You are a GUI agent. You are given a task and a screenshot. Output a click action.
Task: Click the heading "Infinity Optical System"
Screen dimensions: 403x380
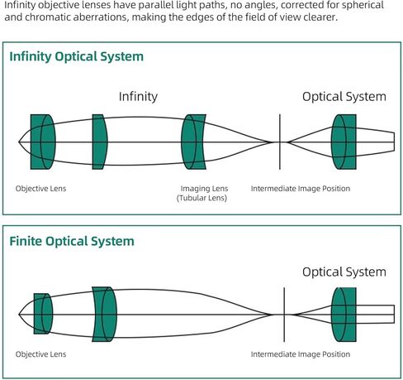tap(77, 57)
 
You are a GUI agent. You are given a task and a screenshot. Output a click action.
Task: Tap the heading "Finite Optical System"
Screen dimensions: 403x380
tap(72, 242)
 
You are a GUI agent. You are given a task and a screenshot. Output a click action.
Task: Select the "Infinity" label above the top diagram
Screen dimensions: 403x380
tap(138, 97)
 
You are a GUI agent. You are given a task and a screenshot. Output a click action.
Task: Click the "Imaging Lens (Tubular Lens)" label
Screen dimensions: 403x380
tap(202, 193)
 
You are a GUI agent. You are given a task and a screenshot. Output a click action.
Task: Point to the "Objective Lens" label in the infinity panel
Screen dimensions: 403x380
tap(40, 189)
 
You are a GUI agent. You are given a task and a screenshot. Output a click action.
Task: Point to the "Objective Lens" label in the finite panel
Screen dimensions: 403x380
tap(40, 354)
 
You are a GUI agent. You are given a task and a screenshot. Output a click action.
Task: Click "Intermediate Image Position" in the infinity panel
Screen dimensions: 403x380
tap(301, 189)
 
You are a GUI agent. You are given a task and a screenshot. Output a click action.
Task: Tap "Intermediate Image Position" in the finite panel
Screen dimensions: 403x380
tap(301, 354)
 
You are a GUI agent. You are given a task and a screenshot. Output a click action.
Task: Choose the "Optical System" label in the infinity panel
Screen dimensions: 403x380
tap(344, 97)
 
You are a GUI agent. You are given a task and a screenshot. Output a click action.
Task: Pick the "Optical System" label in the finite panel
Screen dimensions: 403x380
tap(344, 272)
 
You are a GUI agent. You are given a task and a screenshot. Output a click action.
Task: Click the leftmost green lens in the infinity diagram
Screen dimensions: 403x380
tap(43, 142)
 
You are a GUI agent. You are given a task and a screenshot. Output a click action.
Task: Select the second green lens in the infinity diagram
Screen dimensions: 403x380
tap(100, 142)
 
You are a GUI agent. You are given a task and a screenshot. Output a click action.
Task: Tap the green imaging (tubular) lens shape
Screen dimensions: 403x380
tap(193, 142)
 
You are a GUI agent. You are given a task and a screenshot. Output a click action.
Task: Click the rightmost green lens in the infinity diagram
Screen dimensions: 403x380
tap(344, 142)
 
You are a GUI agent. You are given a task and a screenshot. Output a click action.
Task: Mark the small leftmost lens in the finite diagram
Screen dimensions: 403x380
tap(43, 314)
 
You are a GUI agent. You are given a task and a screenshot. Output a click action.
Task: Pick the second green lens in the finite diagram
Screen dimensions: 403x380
tap(104, 315)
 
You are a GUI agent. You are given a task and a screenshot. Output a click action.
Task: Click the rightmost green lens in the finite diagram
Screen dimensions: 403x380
tap(344, 315)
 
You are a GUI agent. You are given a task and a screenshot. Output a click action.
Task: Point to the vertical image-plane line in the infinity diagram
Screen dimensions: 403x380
tap(280, 142)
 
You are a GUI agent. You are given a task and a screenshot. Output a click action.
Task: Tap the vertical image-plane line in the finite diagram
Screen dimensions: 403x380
tap(284, 315)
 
